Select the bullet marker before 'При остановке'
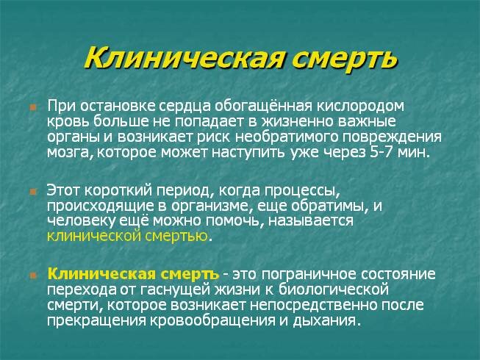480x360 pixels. [32, 107]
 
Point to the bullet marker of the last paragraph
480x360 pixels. [32, 274]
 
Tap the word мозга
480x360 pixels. [68, 154]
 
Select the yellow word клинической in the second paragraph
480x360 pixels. [93, 237]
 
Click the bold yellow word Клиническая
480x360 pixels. [93, 273]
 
